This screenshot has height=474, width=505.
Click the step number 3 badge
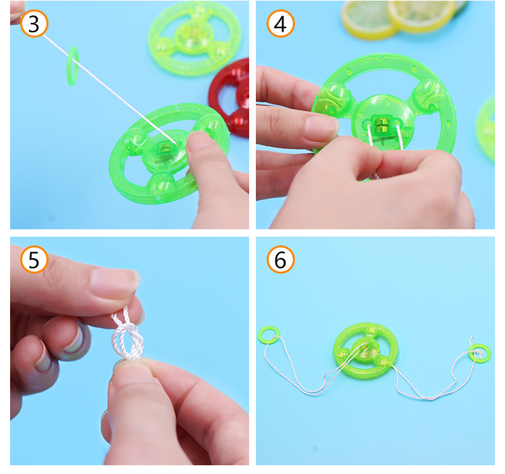click(34, 24)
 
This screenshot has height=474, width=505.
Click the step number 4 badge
click(281, 24)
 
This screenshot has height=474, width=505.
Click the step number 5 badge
click(34, 260)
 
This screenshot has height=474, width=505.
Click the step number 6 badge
click(281, 260)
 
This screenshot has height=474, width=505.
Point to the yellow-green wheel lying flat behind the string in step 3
click(195, 38)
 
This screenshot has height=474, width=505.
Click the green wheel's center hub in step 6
click(365, 349)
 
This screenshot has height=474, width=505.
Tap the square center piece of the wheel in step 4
click(382, 124)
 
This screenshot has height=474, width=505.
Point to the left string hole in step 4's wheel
click(368, 123)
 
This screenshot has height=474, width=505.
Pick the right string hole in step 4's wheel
click(395, 123)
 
